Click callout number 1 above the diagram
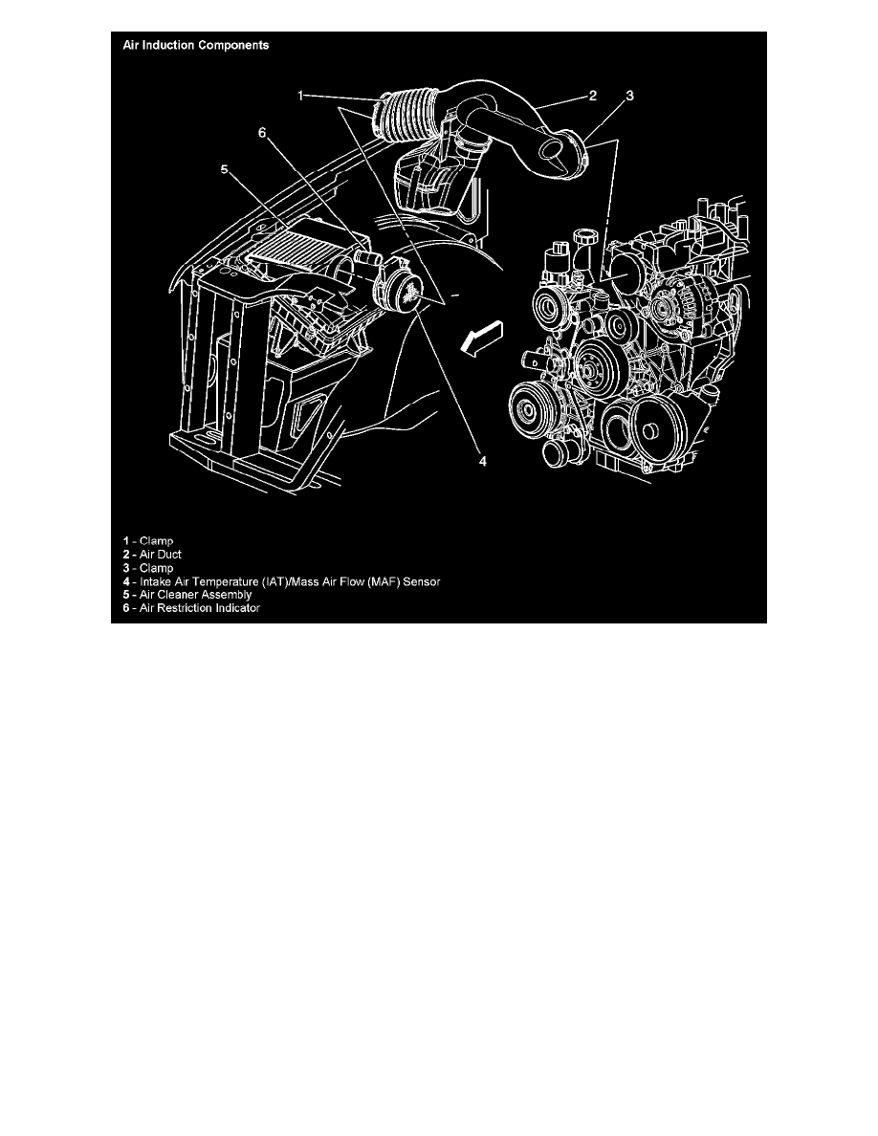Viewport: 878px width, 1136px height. tap(300, 96)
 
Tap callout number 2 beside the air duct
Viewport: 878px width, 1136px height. tap(593, 96)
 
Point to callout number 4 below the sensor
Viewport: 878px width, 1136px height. tap(484, 461)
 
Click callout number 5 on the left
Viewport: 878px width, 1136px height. tap(225, 170)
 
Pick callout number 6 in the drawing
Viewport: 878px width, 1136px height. tap(261, 134)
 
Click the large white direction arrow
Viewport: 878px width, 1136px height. tap(479, 338)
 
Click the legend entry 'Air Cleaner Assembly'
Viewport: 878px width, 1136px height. tap(187, 595)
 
